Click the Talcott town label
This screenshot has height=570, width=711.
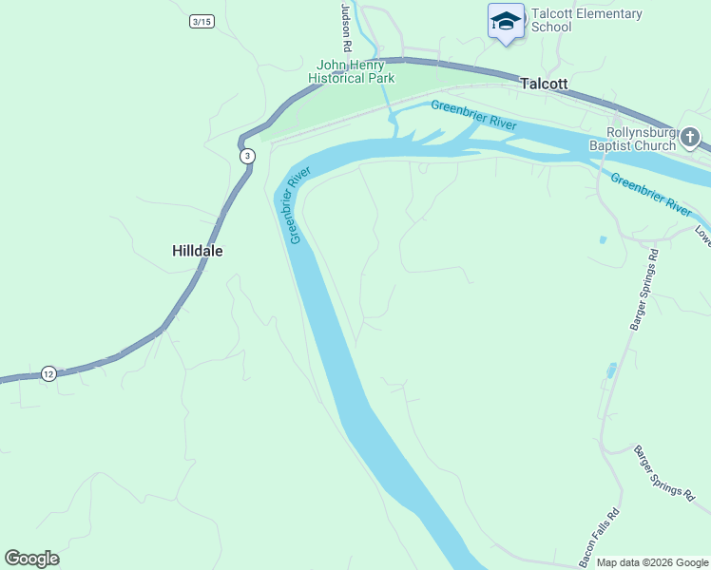pyautogui.click(x=544, y=84)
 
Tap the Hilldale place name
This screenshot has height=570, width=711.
pyautogui.click(x=198, y=252)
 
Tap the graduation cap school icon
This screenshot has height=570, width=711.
pyautogui.click(x=506, y=21)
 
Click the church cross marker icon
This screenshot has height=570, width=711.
pyautogui.click(x=692, y=138)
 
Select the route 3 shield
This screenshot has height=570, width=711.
pyautogui.click(x=247, y=156)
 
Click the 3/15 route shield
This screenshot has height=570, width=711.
pyautogui.click(x=202, y=21)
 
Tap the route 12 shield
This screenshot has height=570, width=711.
pyautogui.click(x=48, y=373)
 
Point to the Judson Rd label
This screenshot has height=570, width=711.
pyautogui.click(x=347, y=28)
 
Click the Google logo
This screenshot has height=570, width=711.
pyautogui.click(x=31, y=559)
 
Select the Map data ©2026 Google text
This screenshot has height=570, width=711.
pyautogui.click(x=651, y=562)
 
